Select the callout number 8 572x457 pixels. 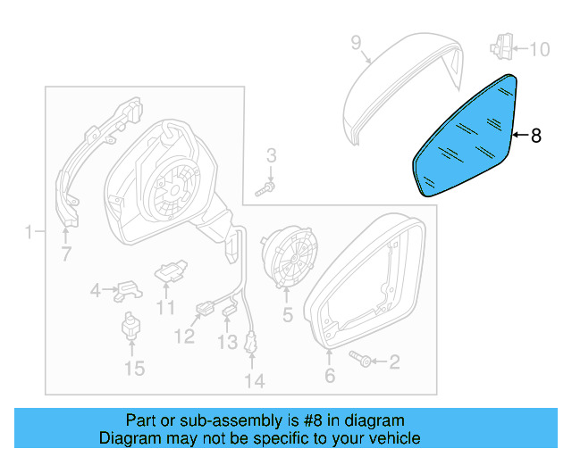pyautogui.click(x=535, y=136)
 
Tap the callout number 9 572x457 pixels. pyautogui.click(x=355, y=42)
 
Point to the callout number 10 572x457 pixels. pyautogui.click(x=540, y=49)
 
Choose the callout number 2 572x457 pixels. pyautogui.click(x=394, y=361)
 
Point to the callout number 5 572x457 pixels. pyautogui.click(x=287, y=314)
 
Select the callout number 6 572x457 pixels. pyautogui.click(x=330, y=377)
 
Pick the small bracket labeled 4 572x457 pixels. pyautogui.click(x=129, y=289)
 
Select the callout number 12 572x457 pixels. pyautogui.click(x=184, y=337)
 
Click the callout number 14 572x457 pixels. pyautogui.click(x=255, y=381)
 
